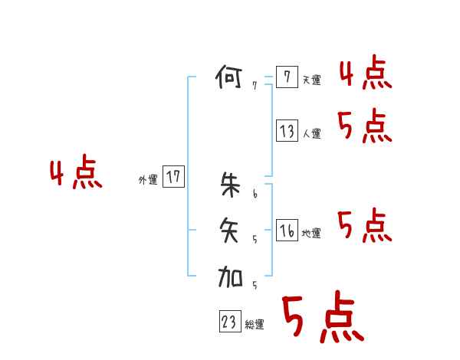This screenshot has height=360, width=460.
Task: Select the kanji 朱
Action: click(230, 185)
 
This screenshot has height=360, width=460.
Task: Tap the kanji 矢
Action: click(230, 231)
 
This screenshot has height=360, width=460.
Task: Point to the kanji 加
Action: click(230, 277)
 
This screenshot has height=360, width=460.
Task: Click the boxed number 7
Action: click(286, 77)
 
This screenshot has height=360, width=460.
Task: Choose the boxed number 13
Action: click(287, 131)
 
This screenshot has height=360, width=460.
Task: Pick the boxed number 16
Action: click(287, 231)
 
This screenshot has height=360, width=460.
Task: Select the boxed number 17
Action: click(173, 177)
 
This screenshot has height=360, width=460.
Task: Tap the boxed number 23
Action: click(229, 322)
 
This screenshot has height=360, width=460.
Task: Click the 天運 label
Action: click(311, 80)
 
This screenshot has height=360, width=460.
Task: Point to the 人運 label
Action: click(311, 133)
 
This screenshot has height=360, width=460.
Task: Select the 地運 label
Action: click(311, 233)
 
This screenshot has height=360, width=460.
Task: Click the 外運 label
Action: click(148, 179)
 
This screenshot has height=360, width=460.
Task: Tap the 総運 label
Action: click(255, 325)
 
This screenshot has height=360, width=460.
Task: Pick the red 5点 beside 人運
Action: click(364, 126)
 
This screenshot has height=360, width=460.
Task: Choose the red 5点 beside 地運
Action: click(364, 226)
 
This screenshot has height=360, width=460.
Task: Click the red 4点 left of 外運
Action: click(76, 174)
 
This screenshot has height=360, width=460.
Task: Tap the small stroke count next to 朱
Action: click(255, 194)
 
